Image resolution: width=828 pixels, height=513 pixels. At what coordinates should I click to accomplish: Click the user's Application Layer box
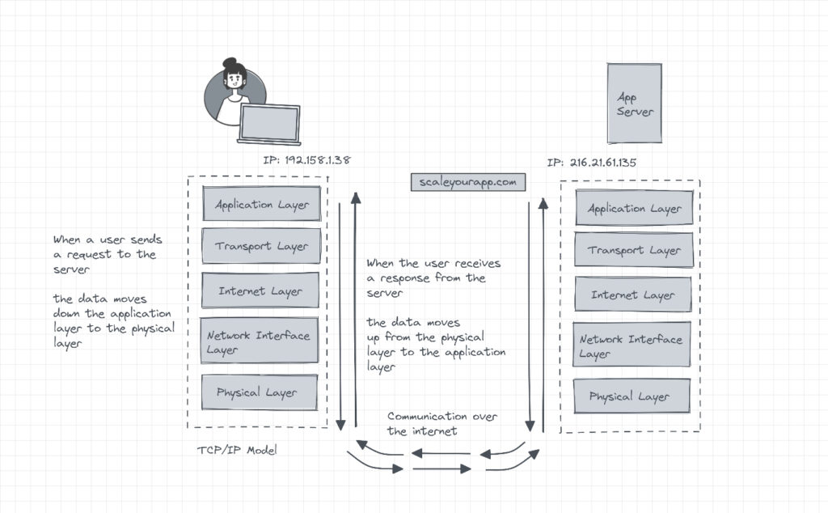tap(261, 204)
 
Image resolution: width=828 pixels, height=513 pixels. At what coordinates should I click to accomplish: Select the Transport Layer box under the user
tap(261, 246)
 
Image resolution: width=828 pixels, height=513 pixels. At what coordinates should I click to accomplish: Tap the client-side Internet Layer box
tap(261, 291)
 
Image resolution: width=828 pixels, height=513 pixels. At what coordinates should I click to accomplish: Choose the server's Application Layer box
tap(634, 208)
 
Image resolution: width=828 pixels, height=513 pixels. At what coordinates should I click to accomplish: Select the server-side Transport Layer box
tap(634, 250)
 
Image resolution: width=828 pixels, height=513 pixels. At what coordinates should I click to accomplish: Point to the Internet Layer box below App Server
tap(634, 295)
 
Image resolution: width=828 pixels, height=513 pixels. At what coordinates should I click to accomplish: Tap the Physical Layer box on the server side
tap(632, 396)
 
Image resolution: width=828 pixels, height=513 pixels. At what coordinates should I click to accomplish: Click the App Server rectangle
tap(635, 104)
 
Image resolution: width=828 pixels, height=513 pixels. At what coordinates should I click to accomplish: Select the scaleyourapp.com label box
tap(468, 182)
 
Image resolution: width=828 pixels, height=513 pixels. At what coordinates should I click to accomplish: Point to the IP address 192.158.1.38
tap(306, 160)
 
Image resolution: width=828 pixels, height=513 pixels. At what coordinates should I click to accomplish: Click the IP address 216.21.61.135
tap(591, 163)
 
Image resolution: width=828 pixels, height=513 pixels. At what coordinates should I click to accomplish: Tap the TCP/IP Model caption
tap(237, 450)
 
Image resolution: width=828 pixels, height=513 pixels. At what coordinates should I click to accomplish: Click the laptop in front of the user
tap(269, 125)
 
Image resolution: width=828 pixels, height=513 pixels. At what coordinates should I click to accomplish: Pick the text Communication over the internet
tap(441, 423)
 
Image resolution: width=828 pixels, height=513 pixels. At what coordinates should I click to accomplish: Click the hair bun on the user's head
tap(230, 62)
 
